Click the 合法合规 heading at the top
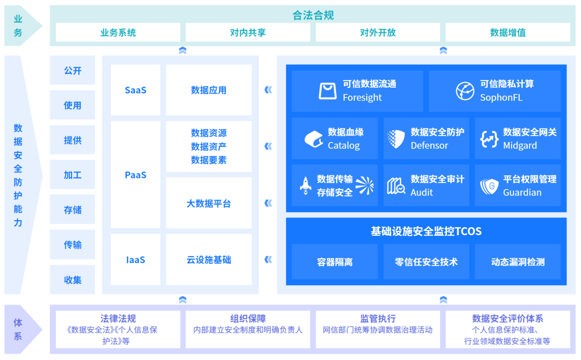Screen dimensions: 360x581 point(313,15)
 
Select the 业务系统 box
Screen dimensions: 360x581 point(118,32)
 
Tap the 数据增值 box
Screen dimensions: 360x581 point(507,32)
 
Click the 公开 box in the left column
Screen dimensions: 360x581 point(72,70)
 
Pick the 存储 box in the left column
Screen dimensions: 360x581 point(72,210)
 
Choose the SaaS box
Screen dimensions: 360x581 point(136,90)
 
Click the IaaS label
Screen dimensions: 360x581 point(136,260)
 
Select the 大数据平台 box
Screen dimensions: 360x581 point(209,203)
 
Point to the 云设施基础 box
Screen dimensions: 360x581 point(209,260)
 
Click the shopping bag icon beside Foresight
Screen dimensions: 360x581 point(328,91)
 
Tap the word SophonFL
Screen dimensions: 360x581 point(501,97)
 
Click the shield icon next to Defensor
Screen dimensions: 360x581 point(396,139)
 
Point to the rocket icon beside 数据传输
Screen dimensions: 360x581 point(306,186)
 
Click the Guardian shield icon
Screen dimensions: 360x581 point(489,186)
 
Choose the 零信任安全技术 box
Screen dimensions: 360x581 point(426,262)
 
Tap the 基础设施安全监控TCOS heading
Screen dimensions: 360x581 point(426,231)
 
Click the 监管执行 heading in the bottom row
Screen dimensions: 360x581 point(378,319)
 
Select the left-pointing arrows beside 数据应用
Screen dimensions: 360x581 point(268,90)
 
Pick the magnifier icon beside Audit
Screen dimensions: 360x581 point(396,186)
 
